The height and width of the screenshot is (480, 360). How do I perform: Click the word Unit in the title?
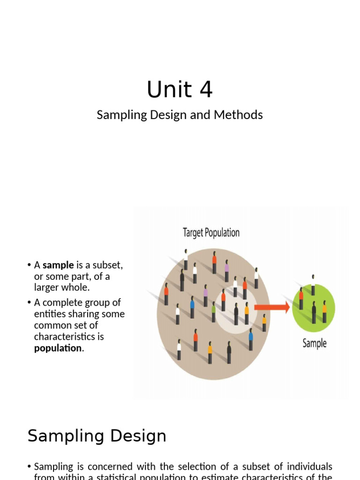coord(163,90)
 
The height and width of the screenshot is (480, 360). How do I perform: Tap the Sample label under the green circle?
coord(315,343)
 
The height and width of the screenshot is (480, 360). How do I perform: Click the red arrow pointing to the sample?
coord(272,307)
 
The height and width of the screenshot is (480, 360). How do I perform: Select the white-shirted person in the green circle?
coord(313,286)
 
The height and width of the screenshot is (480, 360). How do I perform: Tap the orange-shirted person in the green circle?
coord(324,311)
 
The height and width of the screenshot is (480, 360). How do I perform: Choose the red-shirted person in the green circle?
coord(301,300)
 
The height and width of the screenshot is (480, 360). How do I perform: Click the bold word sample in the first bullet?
coord(58,265)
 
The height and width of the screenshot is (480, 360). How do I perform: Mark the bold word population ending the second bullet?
coord(58,348)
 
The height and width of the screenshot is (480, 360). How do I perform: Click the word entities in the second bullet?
coord(49,314)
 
